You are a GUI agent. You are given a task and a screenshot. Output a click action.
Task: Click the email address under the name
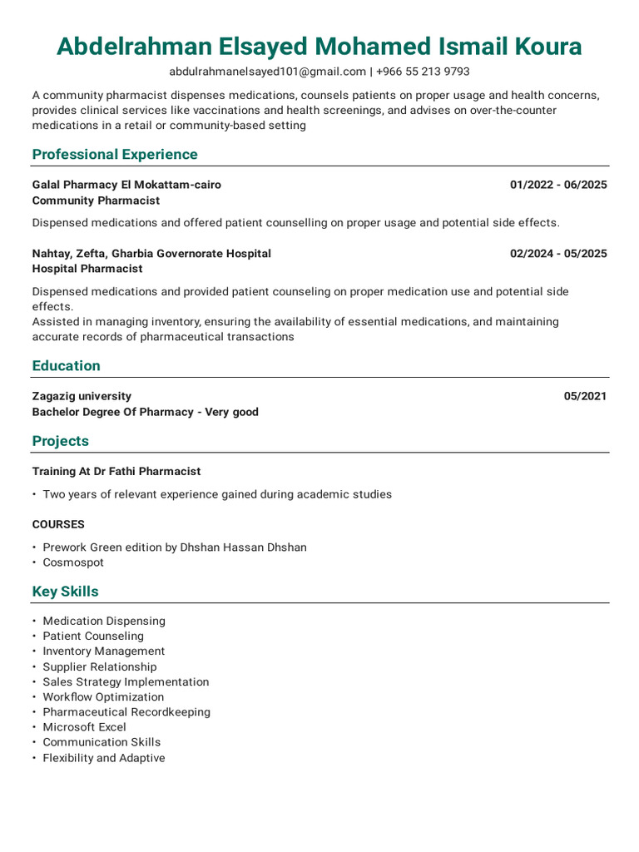[267, 72]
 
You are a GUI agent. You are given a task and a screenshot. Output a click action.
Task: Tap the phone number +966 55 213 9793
[423, 72]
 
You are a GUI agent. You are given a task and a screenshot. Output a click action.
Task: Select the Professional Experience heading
[115, 154]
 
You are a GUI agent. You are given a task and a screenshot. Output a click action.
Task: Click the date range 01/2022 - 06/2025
[558, 185]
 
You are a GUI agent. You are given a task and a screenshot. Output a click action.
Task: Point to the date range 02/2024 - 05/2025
[558, 253]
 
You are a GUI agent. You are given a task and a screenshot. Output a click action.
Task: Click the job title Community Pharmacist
[96, 201]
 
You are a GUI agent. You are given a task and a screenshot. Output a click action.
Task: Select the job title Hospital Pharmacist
[87, 269]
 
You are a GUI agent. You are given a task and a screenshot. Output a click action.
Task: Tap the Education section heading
[66, 365]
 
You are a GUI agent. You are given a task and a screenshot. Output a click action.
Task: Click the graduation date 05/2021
[585, 396]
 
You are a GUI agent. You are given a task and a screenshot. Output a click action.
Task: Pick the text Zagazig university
[82, 396]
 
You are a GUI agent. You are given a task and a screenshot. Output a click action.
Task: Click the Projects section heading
[60, 441]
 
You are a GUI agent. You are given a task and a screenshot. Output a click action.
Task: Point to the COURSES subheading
[58, 524]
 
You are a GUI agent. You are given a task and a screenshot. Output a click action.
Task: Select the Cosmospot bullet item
[73, 562]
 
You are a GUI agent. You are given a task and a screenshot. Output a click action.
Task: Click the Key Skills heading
[65, 592]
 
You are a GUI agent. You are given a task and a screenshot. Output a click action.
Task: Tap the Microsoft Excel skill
[84, 727]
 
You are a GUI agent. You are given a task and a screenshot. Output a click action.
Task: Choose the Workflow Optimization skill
[103, 696]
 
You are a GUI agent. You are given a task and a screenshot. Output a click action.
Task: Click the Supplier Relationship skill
[99, 666]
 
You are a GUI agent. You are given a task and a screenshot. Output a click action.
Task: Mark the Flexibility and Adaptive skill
[104, 758]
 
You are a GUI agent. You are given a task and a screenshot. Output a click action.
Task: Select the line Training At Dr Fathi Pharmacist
[116, 471]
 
